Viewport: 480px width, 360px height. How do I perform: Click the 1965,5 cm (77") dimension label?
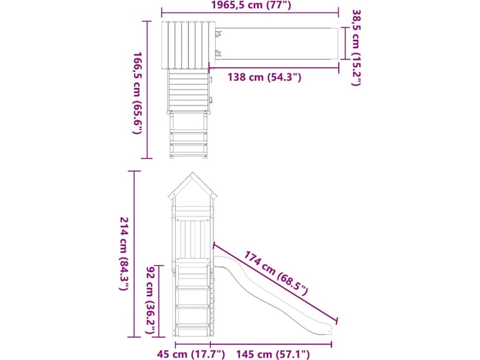(x=251, y=5)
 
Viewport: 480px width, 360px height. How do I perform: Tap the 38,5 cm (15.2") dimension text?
(x=356, y=48)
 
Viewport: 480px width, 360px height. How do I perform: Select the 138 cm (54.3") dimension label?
(x=264, y=77)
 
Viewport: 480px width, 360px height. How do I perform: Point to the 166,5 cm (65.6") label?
(x=137, y=93)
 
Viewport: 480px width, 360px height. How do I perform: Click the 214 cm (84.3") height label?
(x=124, y=254)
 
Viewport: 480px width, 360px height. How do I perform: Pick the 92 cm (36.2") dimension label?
(x=150, y=300)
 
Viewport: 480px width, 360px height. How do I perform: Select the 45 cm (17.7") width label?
(x=191, y=354)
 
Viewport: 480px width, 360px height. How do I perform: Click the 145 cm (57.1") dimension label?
(x=273, y=354)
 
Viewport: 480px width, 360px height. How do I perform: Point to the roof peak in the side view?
(x=192, y=172)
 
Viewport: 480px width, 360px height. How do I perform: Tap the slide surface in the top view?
(x=277, y=44)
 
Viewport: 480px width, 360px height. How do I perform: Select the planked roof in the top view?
(x=188, y=45)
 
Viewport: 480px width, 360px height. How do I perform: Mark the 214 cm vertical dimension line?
(x=134, y=254)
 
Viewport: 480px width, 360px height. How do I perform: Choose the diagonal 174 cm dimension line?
(x=275, y=282)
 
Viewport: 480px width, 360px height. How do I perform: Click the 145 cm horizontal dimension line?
(x=271, y=344)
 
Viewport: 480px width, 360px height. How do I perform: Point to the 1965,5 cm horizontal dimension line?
(x=250, y=13)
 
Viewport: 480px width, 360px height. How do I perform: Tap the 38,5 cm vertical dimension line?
(x=345, y=43)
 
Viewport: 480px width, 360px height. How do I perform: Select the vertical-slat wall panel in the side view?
(x=192, y=239)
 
